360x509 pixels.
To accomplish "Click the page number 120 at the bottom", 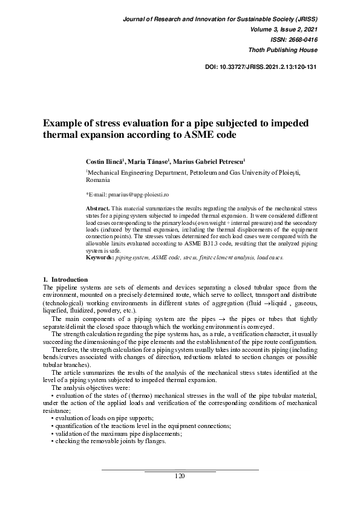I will coord(179,476).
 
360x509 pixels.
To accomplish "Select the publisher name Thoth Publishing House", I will coord(283,49).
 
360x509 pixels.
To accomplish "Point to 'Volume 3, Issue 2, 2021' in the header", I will coord(281,28).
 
